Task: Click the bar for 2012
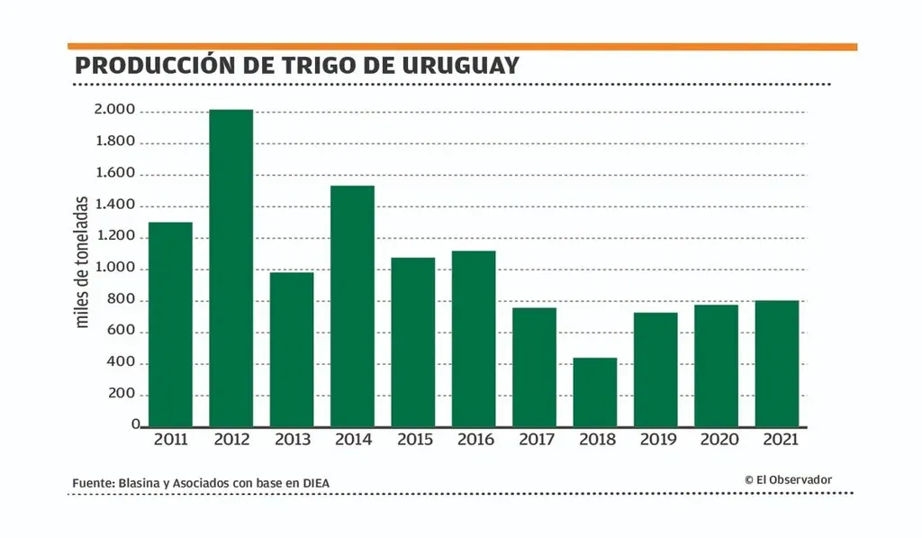231,268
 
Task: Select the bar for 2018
595,392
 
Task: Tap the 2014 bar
353,305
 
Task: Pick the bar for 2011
170,324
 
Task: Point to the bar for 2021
777,363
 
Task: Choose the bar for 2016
474,338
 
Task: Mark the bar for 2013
292,349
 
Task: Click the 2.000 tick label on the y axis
115,111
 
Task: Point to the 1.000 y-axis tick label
115,269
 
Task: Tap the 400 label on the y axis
122,363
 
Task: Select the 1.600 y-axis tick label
115,174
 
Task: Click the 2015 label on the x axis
413,440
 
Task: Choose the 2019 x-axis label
656,440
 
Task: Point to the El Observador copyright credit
788,480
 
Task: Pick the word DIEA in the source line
314,483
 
